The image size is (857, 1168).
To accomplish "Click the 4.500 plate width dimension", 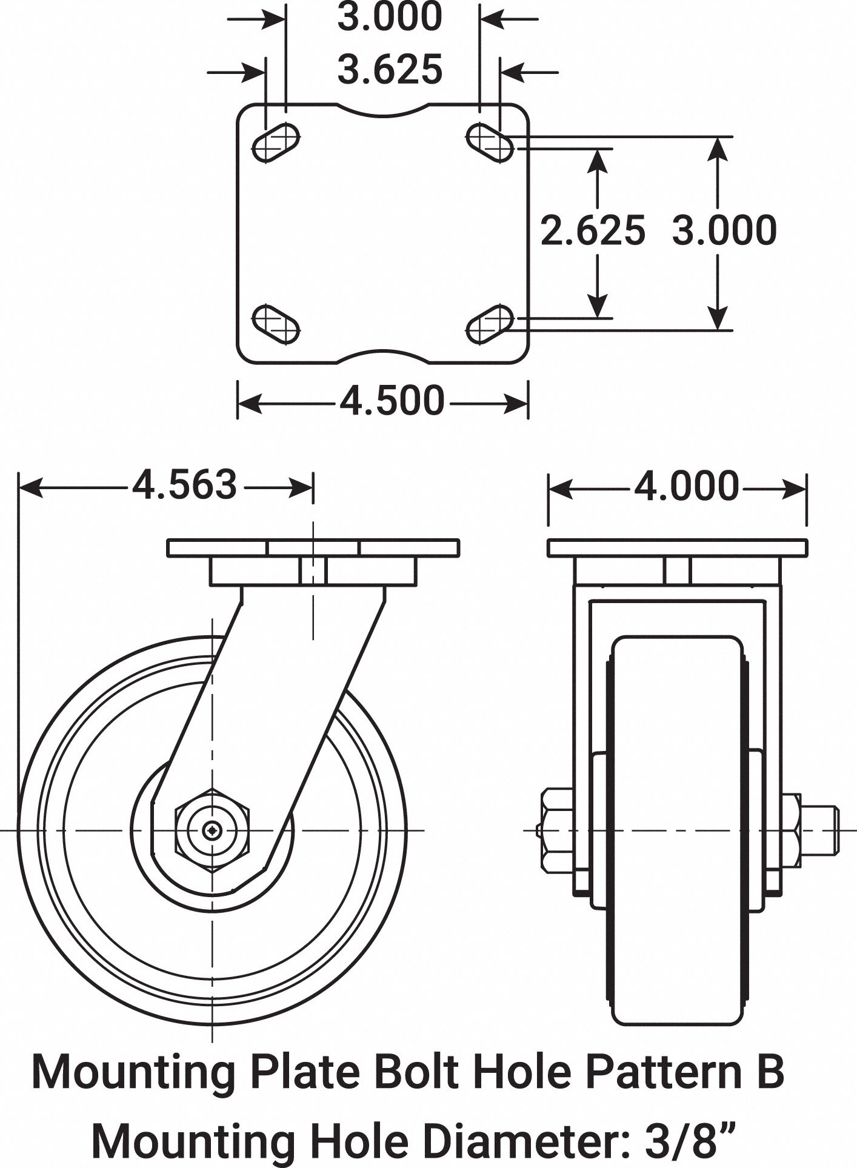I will tap(391, 401).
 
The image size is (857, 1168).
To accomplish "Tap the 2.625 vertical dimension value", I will tap(592, 231).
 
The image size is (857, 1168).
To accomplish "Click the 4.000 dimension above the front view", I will tap(686, 486).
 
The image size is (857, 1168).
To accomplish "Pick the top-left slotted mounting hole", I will tap(276, 142).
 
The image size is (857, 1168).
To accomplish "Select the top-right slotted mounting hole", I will tap(490, 142).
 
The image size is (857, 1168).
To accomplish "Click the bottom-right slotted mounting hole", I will tap(490, 324).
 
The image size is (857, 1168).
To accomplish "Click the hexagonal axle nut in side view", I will tap(212, 830).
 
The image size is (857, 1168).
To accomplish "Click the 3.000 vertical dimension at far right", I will tap(724, 231).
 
